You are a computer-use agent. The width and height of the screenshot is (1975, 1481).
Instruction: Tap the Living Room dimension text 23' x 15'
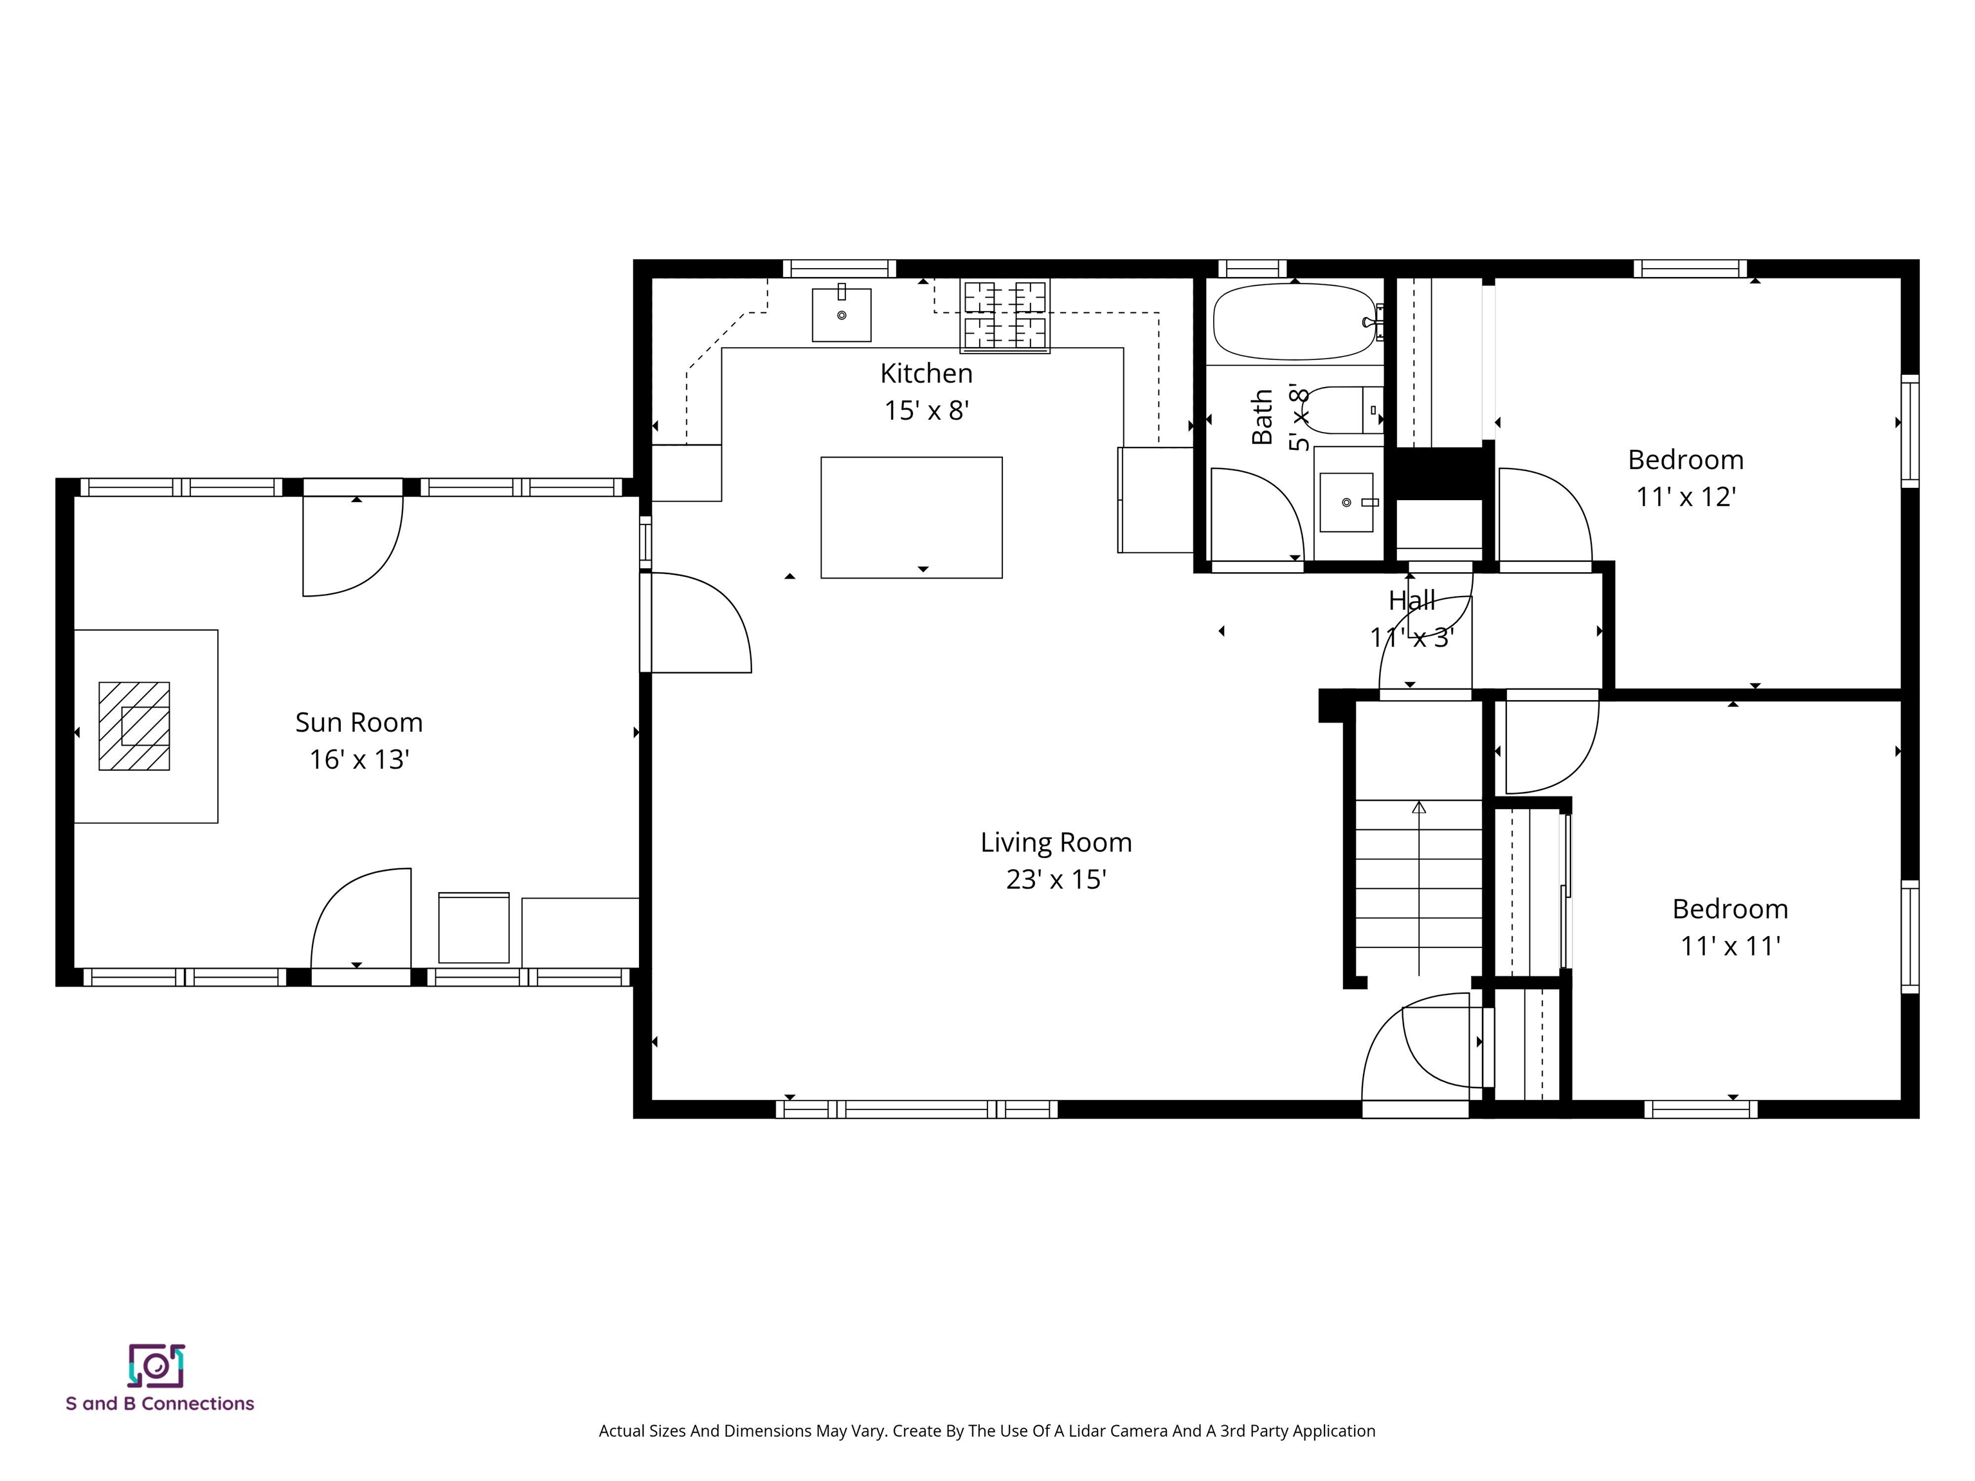pyautogui.click(x=1056, y=879)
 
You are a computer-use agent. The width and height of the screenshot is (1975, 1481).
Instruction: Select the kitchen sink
pyautogui.click(x=841, y=314)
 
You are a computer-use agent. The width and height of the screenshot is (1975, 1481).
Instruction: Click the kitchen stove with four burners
pyautogui.click(x=1004, y=316)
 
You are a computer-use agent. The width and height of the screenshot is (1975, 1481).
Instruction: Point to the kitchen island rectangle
pyautogui.click(x=911, y=517)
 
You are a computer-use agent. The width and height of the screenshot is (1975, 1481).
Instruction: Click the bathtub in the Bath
pyautogui.click(x=1295, y=321)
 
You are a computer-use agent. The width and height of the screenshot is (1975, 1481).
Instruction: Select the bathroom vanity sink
pyautogui.click(x=1346, y=501)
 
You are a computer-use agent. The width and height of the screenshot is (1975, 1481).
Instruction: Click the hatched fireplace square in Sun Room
pyautogui.click(x=134, y=726)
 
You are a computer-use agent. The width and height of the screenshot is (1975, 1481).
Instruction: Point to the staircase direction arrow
pyautogui.click(x=1419, y=808)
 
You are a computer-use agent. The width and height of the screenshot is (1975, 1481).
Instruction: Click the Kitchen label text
pyautogui.click(x=926, y=373)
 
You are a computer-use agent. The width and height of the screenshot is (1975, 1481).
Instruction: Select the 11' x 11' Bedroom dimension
pyautogui.click(x=1729, y=946)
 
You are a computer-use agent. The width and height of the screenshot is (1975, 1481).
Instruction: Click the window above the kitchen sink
pyautogui.click(x=839, y=269)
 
